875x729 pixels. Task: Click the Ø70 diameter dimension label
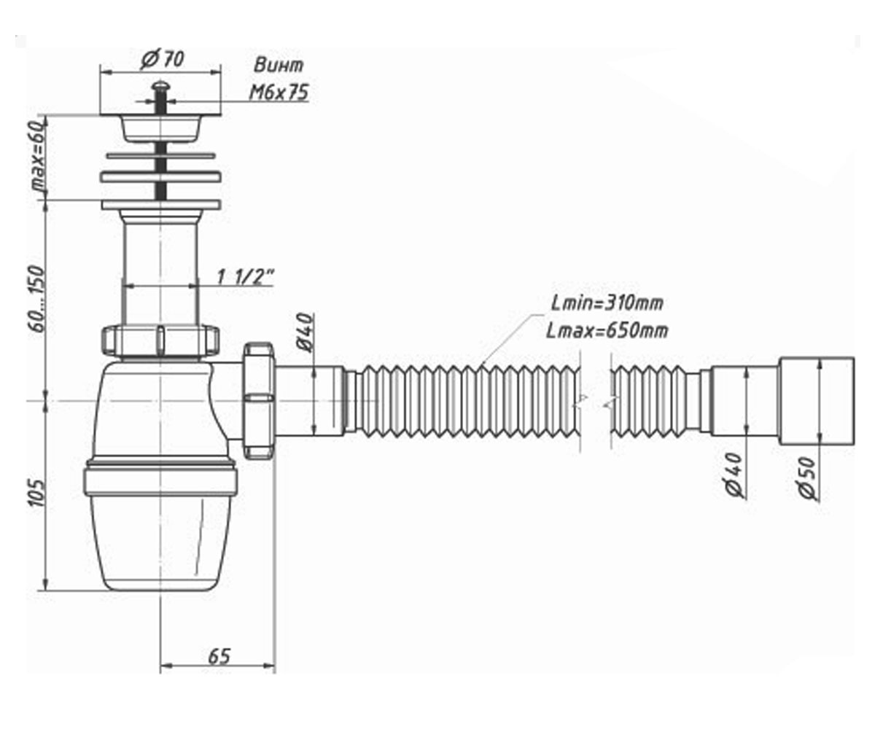coord(162,60)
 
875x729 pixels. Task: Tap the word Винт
coord(279,66)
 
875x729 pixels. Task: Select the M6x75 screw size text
coord(279,92)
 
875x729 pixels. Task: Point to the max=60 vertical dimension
coord(38,156)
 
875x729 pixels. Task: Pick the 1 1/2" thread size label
coord(245,277)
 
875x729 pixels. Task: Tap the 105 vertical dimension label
coord(37,493)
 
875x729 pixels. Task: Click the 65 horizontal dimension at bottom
coord(219,656)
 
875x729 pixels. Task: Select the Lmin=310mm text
coord(607,303)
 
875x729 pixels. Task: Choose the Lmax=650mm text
coord(607,331)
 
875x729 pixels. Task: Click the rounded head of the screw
coord(160,86)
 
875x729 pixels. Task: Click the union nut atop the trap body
coord(160,340)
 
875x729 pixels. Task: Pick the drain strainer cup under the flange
coord(160,128)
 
